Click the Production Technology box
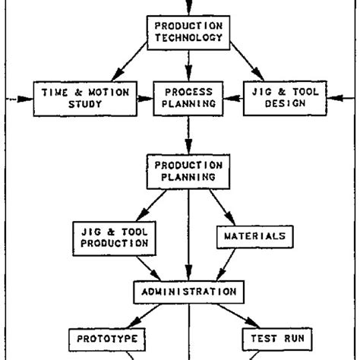[188, 30]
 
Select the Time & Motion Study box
[85, 99]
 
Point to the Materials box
[254, 236]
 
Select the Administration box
[189, 291]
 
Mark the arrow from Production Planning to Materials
[223, 207]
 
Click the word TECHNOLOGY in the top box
[188, 36]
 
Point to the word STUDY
[85, 106]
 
